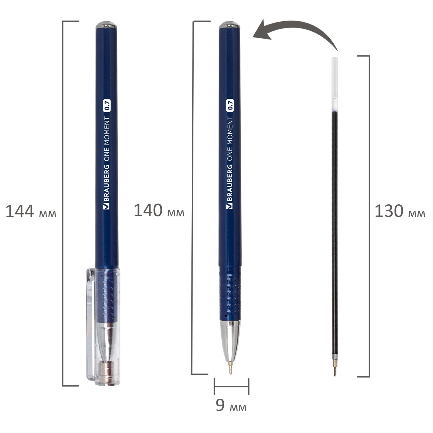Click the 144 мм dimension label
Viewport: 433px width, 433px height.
coord(31,212)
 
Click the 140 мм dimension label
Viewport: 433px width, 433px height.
coord(159,211)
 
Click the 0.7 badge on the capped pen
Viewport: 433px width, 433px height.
coord(107,105)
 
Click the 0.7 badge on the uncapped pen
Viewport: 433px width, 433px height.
coord(230,105)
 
